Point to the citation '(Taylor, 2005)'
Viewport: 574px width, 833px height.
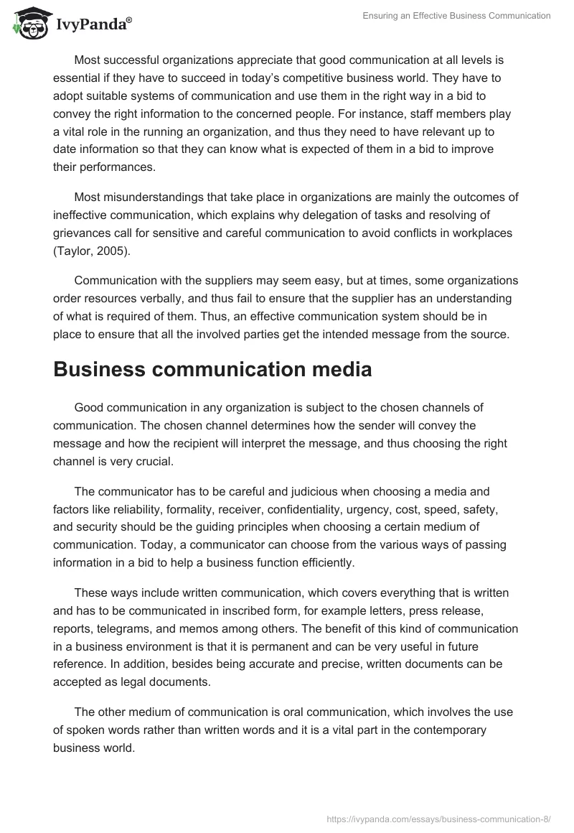(x=90, y=250)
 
